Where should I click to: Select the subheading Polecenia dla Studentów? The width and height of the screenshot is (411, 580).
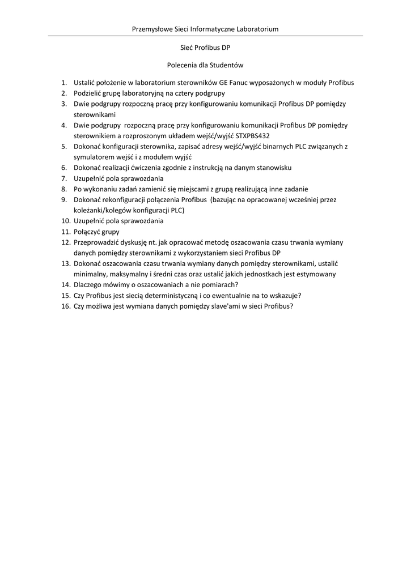coord(205,65)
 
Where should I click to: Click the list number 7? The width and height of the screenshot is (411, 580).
coord(65,178)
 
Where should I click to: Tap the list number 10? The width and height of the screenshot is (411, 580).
coord(64,221)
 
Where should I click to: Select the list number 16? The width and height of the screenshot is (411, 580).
coord(64,306)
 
